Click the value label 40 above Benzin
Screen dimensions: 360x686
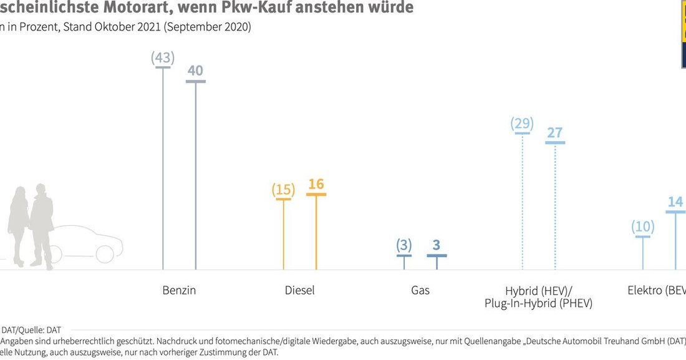pyautogui.click(x=195, y=71)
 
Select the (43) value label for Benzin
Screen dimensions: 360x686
pyautogui.click(x=163, y=57)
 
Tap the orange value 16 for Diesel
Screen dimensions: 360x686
pyautogui.click(x=316, y=184)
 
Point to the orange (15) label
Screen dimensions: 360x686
pyautogui.click(x=284, y=189)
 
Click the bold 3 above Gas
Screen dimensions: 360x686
pyautogui.click(x=437, y=245)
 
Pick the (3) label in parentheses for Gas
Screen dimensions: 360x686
pyautogui.click(x=404, y=245)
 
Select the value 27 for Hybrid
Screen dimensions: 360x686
pyautogui.click(x=554, y=133)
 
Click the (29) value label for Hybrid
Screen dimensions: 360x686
pyautogui.click(x=522, y=123)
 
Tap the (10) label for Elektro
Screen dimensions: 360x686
pyautogui.click(x=643, y=226)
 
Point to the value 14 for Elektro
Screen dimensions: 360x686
pyautogui.click(x=675, y=202)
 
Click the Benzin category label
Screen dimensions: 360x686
pyautogui.click(x=179, y=290)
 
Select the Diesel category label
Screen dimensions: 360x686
pyautogui.click(x=300, y=290)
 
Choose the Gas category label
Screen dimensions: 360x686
pyautogui.click(x=420, y=290)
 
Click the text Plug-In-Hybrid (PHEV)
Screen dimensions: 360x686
pyautogui.click(x=538, y=304)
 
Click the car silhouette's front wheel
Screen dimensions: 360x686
pyautogui.click(x=105, y=253)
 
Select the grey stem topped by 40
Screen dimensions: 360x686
pyautogui.click(x=196, y=175)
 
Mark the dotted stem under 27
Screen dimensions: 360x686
pyautogui.click(x=554, y=207)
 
